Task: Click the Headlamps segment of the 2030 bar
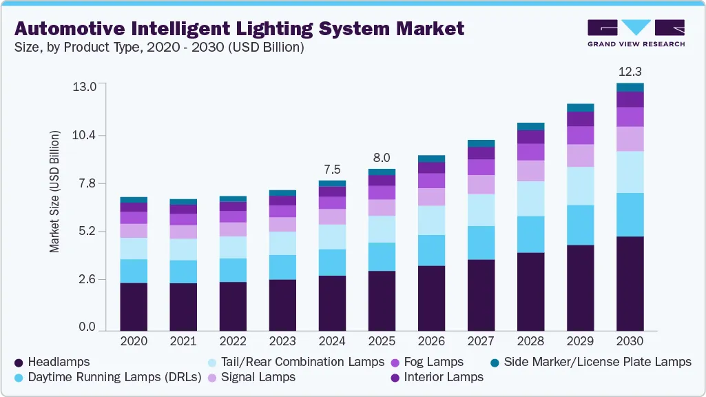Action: click(x=630, y=283)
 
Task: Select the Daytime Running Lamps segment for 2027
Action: click(x=481, y=243)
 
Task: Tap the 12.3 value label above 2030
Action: click(x=630, y=71)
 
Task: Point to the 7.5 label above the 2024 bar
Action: click(x=332, y=169)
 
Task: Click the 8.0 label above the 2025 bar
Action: click(x=382, y=157)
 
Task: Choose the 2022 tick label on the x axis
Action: click(x=233, y=341)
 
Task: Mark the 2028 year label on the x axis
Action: click(x=530, y=341)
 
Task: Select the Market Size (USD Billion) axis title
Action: click(x=54, y=191)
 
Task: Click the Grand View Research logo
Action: click(x=636, y=33)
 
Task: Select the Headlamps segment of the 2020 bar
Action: click(x=134, y=307)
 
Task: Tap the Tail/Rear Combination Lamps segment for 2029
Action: click(x=580, y=186)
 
